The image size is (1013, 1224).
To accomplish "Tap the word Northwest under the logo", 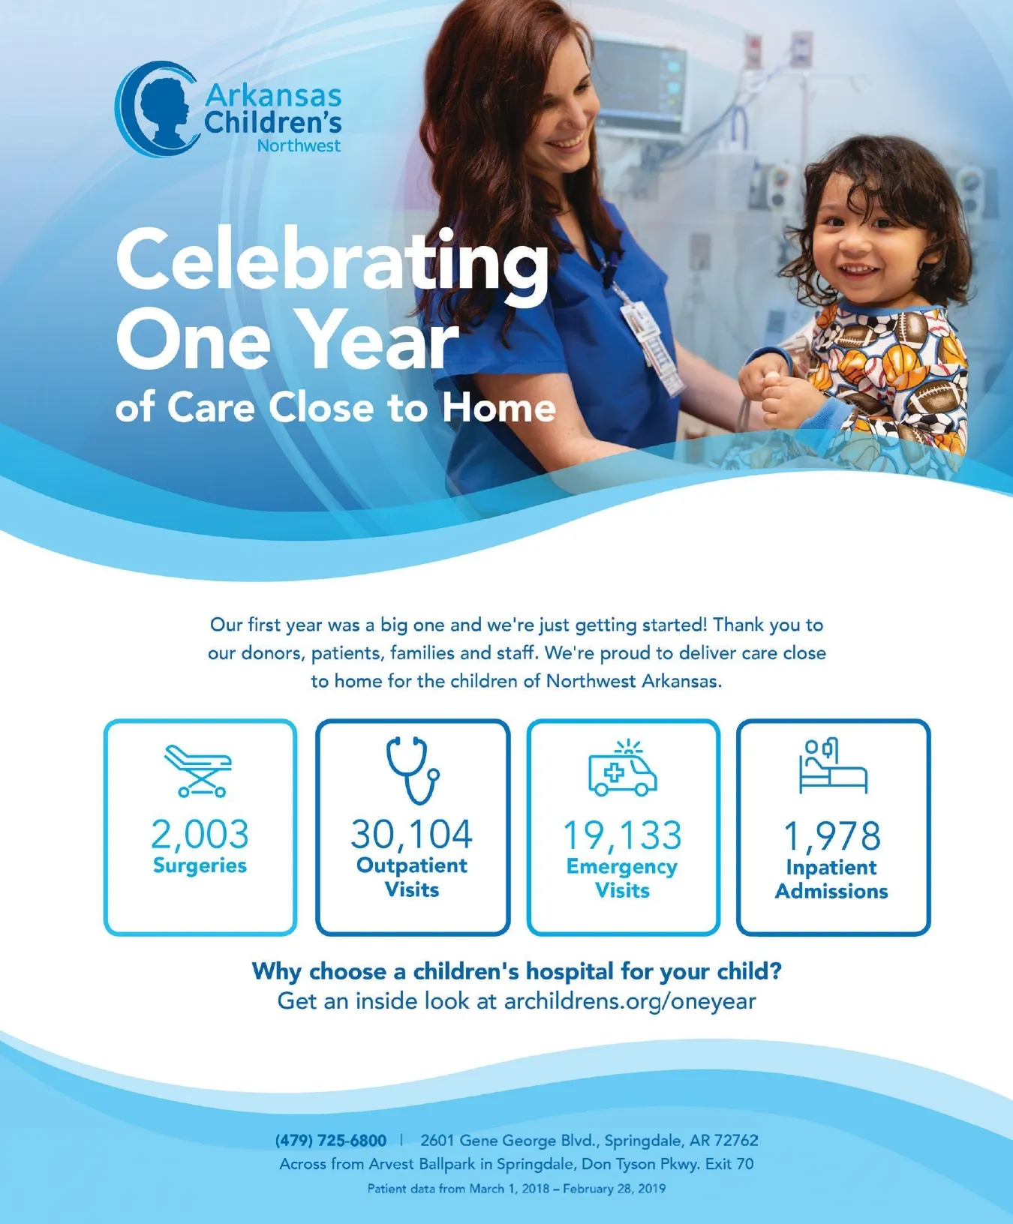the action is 299,145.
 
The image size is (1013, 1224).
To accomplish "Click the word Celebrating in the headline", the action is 332,262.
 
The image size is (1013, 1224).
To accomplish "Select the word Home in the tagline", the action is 499,409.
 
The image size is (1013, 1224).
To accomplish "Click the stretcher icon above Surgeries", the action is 199,770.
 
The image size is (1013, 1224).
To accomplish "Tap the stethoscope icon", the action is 412,769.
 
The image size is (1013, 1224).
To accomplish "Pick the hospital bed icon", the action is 833,766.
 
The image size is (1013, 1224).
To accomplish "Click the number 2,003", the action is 200,834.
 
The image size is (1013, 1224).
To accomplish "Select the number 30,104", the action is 412,834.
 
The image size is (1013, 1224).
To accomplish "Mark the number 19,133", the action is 622,835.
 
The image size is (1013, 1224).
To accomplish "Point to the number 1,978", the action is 832,836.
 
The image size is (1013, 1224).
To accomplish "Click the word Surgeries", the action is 200,865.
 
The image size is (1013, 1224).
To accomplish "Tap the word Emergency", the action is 622,867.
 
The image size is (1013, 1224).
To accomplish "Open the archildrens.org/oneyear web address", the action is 630,1001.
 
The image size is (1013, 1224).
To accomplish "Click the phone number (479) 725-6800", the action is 331,1141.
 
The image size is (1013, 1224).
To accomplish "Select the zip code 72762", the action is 736,1141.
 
